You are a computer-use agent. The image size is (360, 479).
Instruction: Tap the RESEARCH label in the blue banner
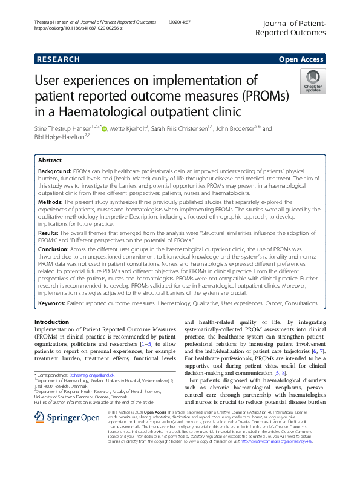(58, 59)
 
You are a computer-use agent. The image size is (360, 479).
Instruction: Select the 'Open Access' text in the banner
(301, 59)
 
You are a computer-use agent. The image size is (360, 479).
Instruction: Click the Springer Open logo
(67, 418)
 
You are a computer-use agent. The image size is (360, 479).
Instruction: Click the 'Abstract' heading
(50, 161)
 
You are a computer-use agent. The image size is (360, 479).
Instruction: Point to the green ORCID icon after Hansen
(105, 129)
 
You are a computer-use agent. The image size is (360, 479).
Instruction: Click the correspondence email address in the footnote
(91, 376)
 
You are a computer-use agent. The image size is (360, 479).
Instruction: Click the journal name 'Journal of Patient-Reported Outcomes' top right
(292, 28)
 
